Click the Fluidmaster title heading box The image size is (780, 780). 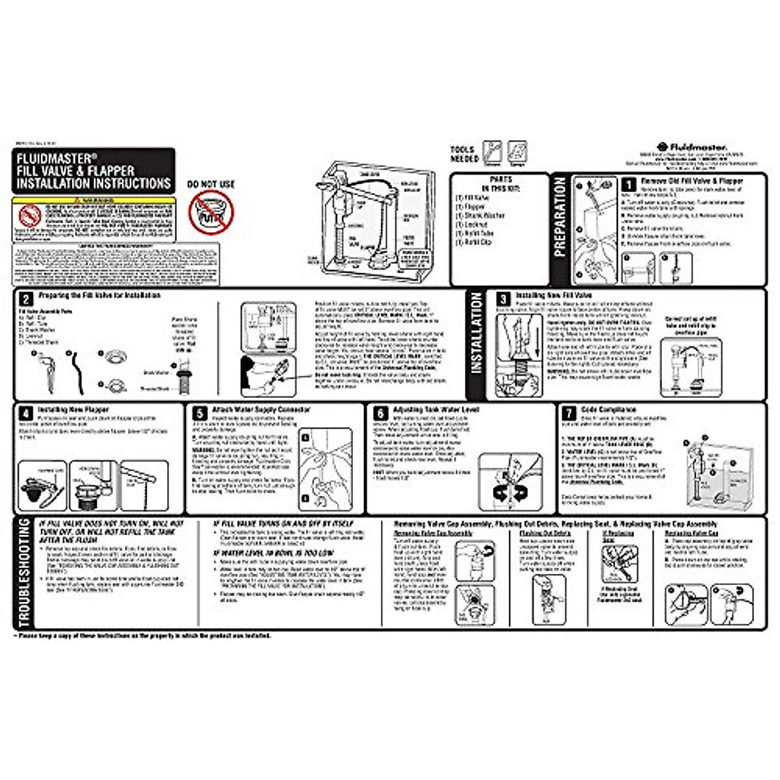[x=94, y=171]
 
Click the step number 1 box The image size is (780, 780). [x=628, y=185]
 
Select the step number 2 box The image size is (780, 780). [x=25, y=299]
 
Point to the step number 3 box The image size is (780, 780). [x=503, y=299]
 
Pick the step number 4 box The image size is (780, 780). [x=25, y=413]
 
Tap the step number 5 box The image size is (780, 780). [x=200, y=413]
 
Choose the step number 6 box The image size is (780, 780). [x=380, y=413]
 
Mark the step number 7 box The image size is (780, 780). [x=569, y=413]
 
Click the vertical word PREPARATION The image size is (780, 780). [x=560, y=217]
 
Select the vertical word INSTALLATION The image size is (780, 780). [x=476, y=333]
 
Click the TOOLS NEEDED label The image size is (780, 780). [x=464, y=154]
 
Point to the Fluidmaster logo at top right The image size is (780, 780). [x=692, y=148]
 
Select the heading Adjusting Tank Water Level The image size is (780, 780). [x=435, y=409]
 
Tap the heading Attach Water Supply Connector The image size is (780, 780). [x=261, y=409]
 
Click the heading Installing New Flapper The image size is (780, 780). [x=73, y=409]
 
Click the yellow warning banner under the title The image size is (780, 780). [x=94, y=201]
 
